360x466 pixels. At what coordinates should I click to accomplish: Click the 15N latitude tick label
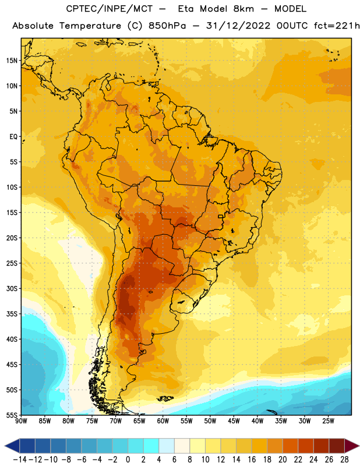tap(12, 61)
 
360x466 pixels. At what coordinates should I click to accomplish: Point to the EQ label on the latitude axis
tap(13, 137)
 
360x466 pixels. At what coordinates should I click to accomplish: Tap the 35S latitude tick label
tap(12, 314)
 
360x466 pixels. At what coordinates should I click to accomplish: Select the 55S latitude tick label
tap(12, 415)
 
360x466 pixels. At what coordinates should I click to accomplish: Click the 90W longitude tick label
tap(21, 421)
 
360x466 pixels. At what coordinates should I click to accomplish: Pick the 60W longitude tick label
tap(163, 421)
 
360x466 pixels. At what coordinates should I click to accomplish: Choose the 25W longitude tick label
tap(328, 421)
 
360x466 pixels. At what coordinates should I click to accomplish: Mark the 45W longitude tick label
tap(234, 421)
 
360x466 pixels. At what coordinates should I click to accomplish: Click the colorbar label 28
tap(344, 460)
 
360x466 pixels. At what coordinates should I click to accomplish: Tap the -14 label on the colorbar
tap(20, 460)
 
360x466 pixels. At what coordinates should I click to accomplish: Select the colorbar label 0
tap(128, 460)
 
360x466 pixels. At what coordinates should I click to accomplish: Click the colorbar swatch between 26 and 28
tap(337, 446)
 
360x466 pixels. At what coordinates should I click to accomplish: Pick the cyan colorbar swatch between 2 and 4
tap(151, 446)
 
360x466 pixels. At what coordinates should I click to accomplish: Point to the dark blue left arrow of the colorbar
tap(12, 446)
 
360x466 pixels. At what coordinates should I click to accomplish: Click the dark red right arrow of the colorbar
tap(352, 446)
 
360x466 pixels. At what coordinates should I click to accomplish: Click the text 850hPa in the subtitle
tap(167, 26)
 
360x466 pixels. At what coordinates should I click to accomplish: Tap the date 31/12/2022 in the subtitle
tap(238, 26)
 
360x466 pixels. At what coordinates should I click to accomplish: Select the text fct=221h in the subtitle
tap(337, 26)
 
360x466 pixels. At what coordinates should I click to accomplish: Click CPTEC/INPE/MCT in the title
tap(110, 9)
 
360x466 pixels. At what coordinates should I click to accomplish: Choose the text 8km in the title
tap(243, 9)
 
